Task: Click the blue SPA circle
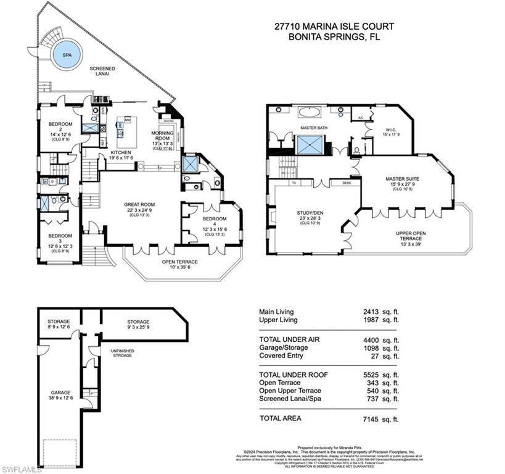point(64,54)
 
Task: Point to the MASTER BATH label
point(313,128)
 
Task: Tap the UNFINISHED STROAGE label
point(121,353)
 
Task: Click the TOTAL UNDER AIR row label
point(289,340)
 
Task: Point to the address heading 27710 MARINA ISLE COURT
point(334,27)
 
